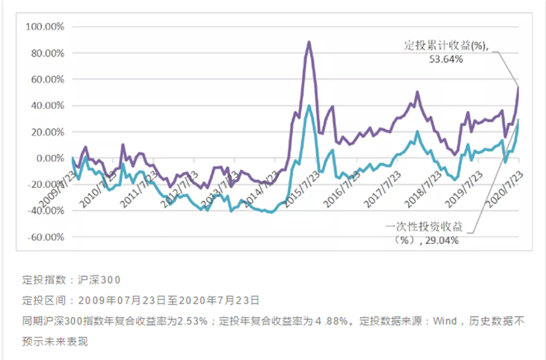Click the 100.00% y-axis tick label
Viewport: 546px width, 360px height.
(44, 27)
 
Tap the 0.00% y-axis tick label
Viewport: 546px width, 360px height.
(47, 158)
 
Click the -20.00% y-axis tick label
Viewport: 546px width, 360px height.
(44, 185)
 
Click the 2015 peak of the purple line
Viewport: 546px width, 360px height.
(309, 42)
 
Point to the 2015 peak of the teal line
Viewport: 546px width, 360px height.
(309, 105)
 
